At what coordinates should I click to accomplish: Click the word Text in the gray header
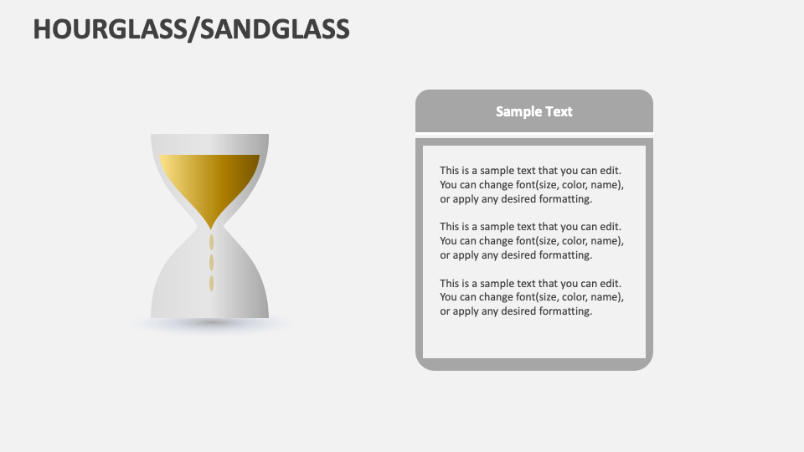point(559,111)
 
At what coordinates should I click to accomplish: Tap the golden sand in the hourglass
point(210,180)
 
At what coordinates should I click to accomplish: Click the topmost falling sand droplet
point(211,243)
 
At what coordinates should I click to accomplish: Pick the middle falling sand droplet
point(211,263)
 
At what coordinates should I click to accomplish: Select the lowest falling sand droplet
point(211,283)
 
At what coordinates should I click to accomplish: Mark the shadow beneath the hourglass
point(210,323)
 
